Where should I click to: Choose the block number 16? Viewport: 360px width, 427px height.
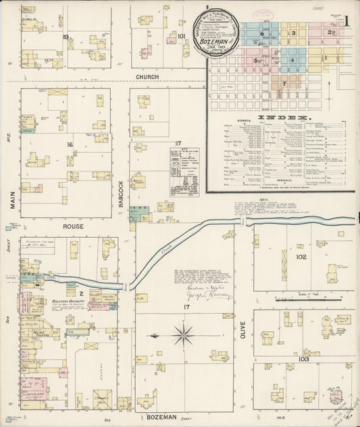click(x=69, y=145)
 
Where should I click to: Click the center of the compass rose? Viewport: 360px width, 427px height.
click(x=183, y=334)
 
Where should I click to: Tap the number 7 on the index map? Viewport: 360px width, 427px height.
click(x=285, y=83)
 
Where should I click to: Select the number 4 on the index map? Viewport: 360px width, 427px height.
click(x=292, y=60)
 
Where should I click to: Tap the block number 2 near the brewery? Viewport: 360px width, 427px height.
click(x=80, y=294)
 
